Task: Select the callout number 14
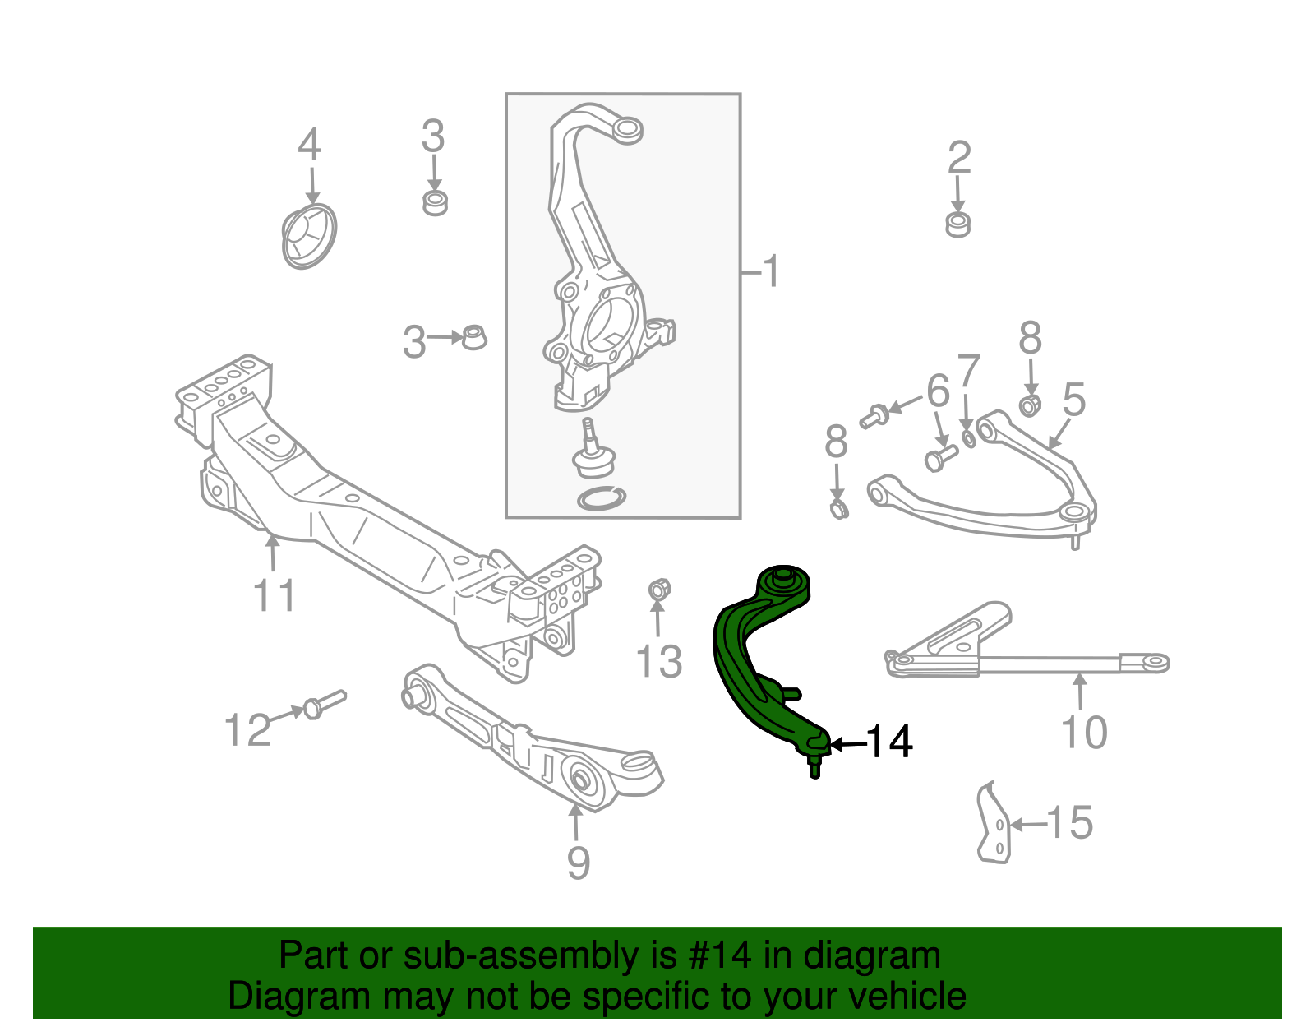pos(889,742)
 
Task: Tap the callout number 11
pos(275,595)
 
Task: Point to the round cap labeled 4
pos(309,237)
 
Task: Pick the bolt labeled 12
pos(324,704)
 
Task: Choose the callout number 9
pos(579,863)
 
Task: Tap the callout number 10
pos(1084,732)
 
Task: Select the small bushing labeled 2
pos(957,224)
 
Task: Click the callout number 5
pos(1073,400)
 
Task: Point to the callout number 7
pos(969,372)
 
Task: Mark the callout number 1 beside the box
pos(770,271)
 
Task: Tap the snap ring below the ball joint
pos(602,497)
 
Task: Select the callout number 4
pos(309,145)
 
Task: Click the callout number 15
pos(1070,823)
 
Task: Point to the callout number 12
pos(247,730)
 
